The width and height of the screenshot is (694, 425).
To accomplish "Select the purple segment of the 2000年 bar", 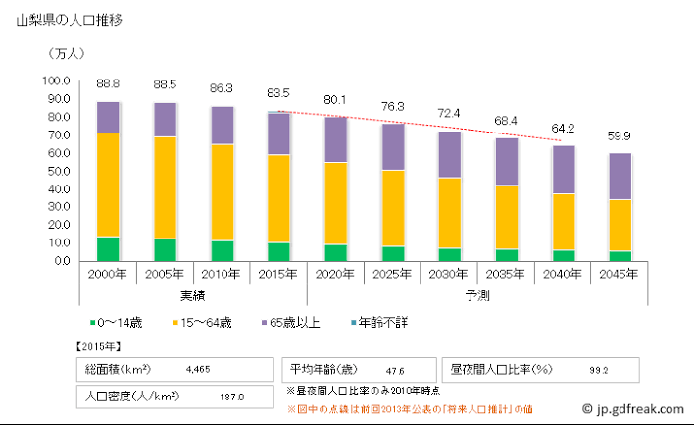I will coord(108,117).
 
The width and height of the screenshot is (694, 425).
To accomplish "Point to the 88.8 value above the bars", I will coord(108,84).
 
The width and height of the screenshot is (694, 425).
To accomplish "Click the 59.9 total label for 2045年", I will coord(620,136).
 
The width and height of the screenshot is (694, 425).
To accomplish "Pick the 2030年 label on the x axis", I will coord(449,275).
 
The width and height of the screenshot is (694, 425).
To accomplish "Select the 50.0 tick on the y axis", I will coord(56,171).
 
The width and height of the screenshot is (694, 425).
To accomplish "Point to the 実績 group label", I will coord(193,294).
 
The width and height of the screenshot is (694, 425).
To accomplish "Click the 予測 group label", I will coord(477,294).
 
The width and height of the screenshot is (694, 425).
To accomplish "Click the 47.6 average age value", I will coord(396,371).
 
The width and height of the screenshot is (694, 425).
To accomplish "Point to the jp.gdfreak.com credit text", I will coord(634,408).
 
